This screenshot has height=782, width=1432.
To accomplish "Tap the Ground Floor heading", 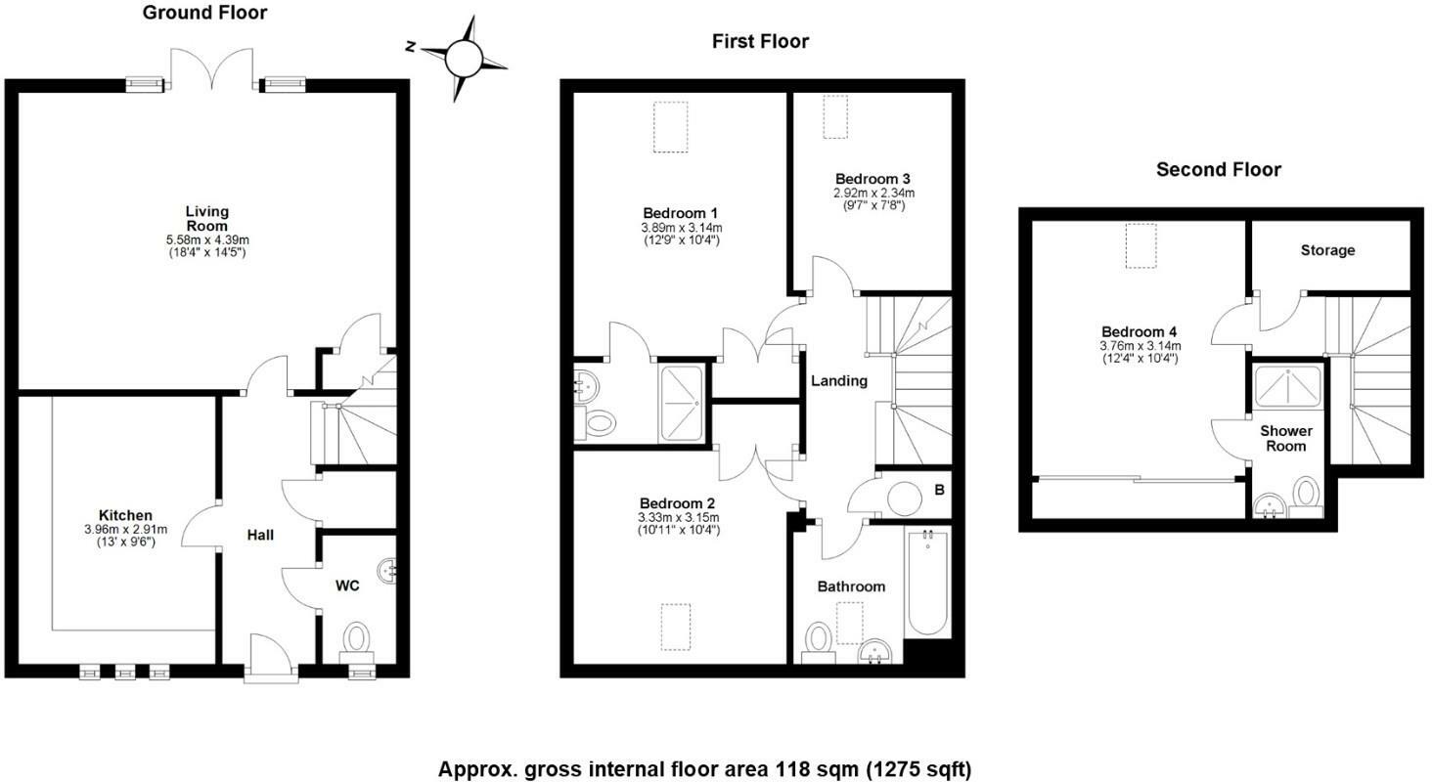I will tap(204, 13).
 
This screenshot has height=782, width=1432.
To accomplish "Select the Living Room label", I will tap(207, 218).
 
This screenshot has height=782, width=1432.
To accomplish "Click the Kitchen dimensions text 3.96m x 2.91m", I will tap(125, 529).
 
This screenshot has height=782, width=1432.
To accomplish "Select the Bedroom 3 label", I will tap(873, 179).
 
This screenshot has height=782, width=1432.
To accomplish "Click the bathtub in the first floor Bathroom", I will tap(927, 582).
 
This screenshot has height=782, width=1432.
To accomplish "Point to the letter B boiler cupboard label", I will tap(939, 489).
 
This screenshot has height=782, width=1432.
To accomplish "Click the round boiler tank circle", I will tap(904, 500).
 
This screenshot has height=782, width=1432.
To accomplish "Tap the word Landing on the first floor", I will tap(838, 381).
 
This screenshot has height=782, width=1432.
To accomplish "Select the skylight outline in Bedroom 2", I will tap(676, 626).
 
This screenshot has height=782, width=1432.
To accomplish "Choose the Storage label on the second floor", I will tap(1327, 250).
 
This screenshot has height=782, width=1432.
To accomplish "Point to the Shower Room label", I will tap(1285, 438).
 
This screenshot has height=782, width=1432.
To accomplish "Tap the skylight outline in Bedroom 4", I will tap(1141, 245).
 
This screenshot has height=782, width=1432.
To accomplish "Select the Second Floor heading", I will tap(1218, 170).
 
